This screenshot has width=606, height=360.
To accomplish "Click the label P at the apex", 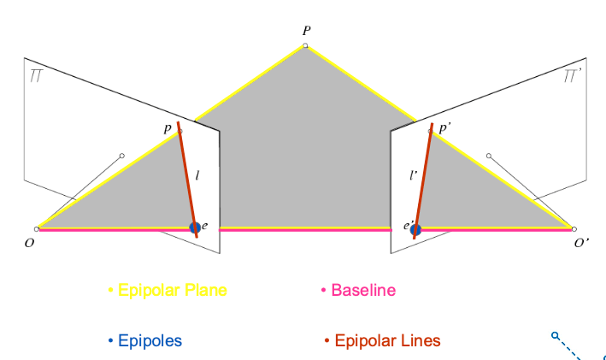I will pos(306,30).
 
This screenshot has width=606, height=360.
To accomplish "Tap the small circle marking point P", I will pos(306,44).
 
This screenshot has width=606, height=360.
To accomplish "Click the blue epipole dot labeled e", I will pos(195,227).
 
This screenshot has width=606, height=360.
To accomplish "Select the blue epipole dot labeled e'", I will pos(415,228).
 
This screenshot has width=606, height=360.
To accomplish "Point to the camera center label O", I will pos(32,243).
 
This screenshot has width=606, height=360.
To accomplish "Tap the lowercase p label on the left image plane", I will pos(168,127).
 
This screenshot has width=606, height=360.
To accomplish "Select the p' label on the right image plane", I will pos(445,127).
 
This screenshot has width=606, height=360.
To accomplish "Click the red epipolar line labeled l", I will pos(186,175).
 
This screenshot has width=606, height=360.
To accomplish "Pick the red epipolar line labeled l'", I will pos(424,175).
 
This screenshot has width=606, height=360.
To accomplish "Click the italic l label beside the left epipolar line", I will pos(198,176).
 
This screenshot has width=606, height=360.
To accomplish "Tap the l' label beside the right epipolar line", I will pos(413,176).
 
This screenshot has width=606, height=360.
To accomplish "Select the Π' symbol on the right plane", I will pos(574,78).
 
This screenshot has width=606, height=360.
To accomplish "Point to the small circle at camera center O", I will pos(38,228).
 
